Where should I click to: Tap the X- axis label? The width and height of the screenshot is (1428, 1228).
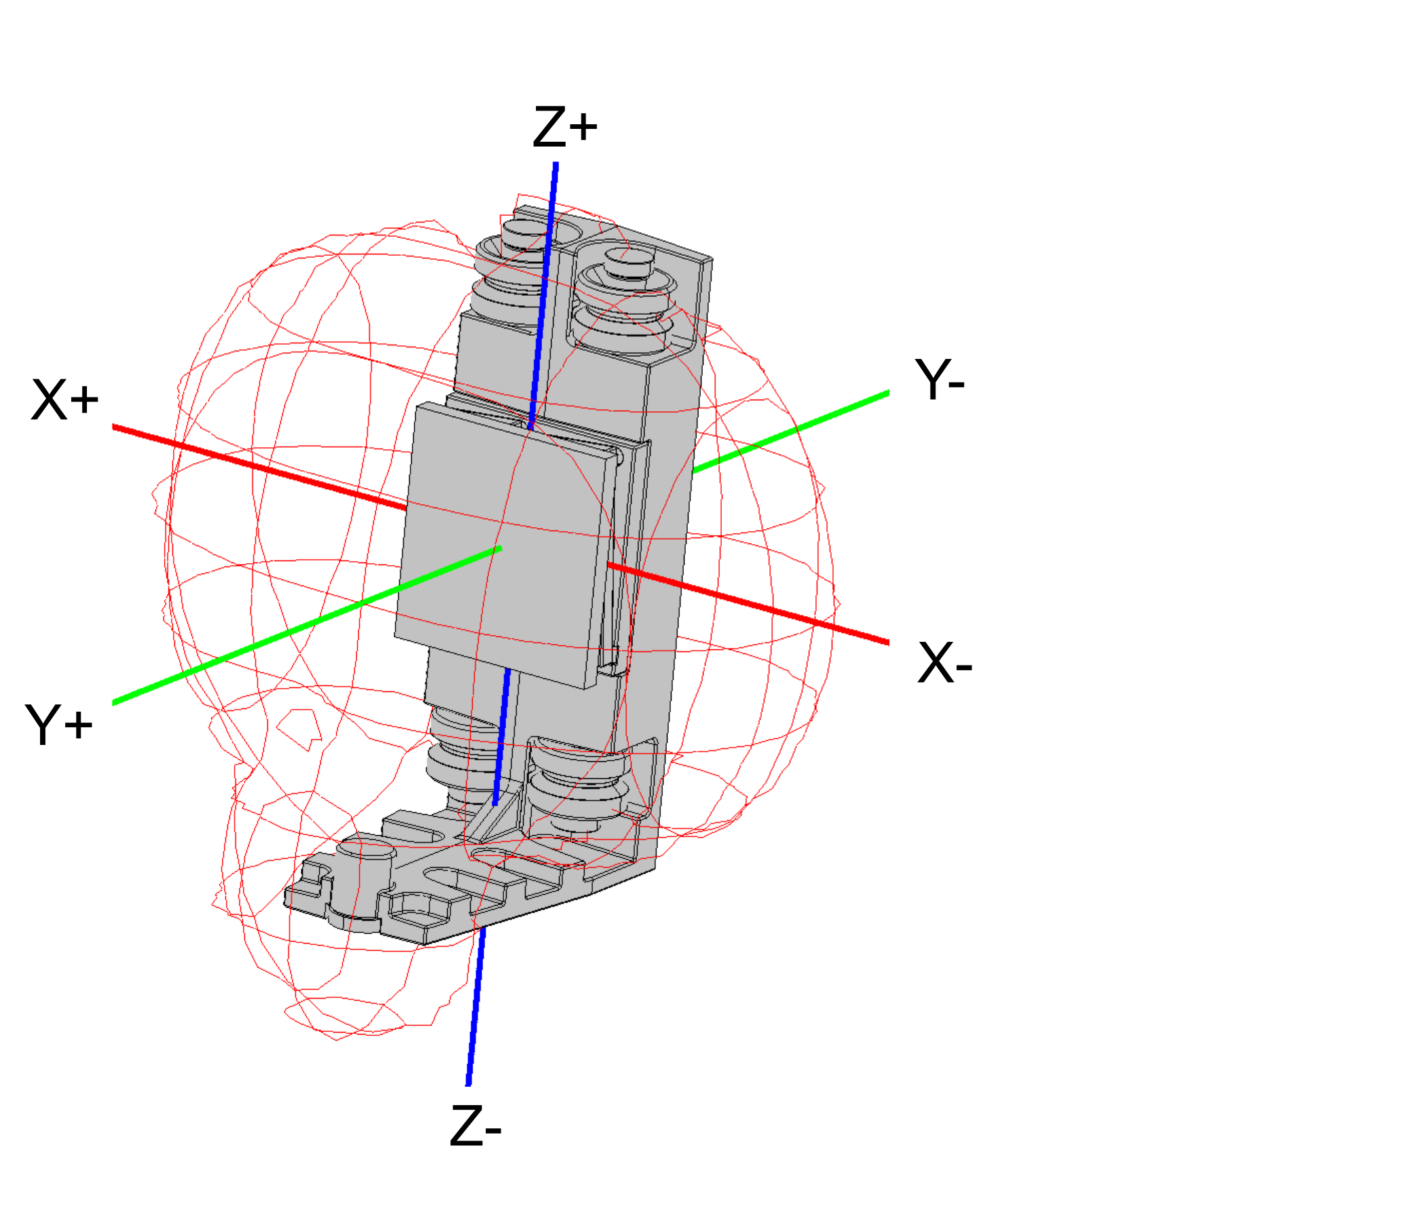(x=945, y=662)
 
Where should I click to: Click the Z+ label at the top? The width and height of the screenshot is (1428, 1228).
(x=565, y=127)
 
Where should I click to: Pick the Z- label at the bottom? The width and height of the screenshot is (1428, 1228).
(x=476, y=1126)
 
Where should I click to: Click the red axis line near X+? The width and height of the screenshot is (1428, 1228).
(x=259, y=468)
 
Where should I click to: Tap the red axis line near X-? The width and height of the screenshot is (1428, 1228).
(x=748, y=604)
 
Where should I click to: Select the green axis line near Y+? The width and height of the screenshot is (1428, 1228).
(x=307, y=626)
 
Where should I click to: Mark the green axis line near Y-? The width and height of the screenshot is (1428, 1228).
(x=790, y=432)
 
